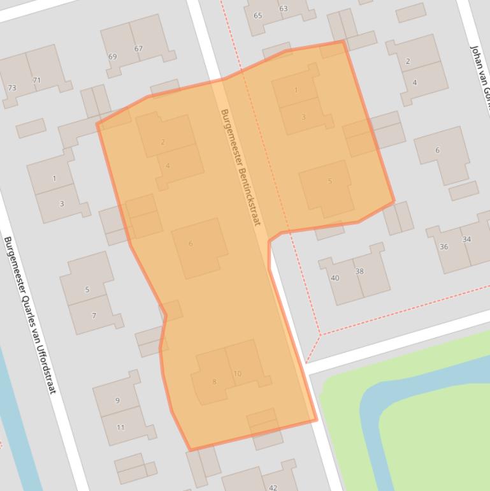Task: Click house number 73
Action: click(12, 87)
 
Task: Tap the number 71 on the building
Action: click(37, 80)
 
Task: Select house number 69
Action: click(113, 57)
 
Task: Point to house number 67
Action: click(138, 48)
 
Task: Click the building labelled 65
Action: click(258, 16)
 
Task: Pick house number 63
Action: click(283, 8)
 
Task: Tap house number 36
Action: click(443, 247)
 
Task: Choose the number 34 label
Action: click(467, 239)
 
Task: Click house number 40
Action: click(335, 278)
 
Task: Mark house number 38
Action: click(359, 271)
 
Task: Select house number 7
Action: click(94, 316)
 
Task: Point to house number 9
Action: click(117, 400)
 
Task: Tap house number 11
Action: click(120, 427)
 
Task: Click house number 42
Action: click(273, 487)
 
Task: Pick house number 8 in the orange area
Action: click(214, 382)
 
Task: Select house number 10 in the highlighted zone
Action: click(237, 374)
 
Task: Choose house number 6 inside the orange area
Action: click(191, 244)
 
